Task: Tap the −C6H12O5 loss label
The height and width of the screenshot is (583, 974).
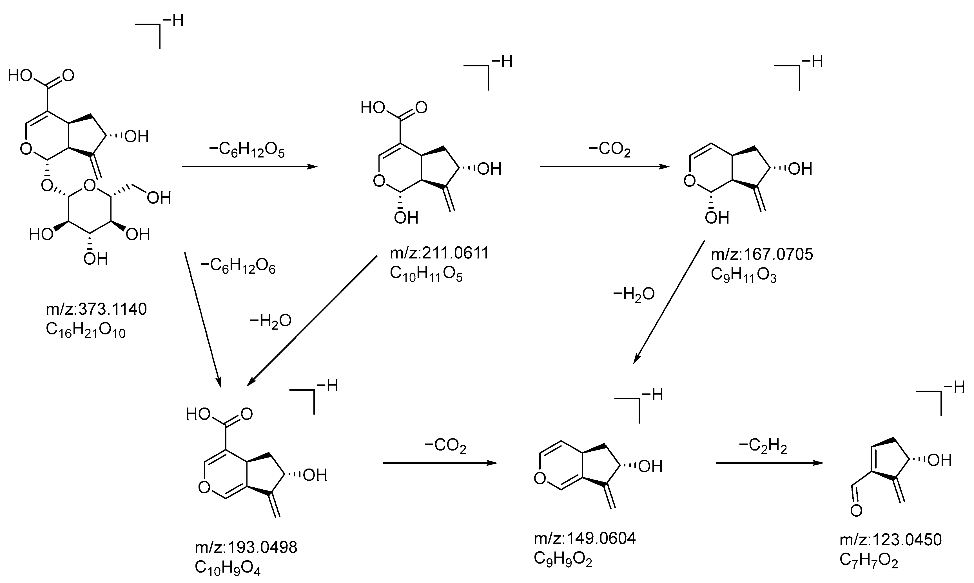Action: point(247,150)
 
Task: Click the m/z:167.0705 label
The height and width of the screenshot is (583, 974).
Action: point(762,254)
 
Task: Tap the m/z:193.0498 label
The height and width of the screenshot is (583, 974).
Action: point(246,547)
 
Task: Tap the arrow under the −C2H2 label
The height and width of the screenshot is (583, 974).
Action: point(769,463)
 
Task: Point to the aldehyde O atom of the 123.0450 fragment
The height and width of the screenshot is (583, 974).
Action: point(856,511)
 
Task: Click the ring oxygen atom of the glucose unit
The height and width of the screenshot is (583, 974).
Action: point(90,185)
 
